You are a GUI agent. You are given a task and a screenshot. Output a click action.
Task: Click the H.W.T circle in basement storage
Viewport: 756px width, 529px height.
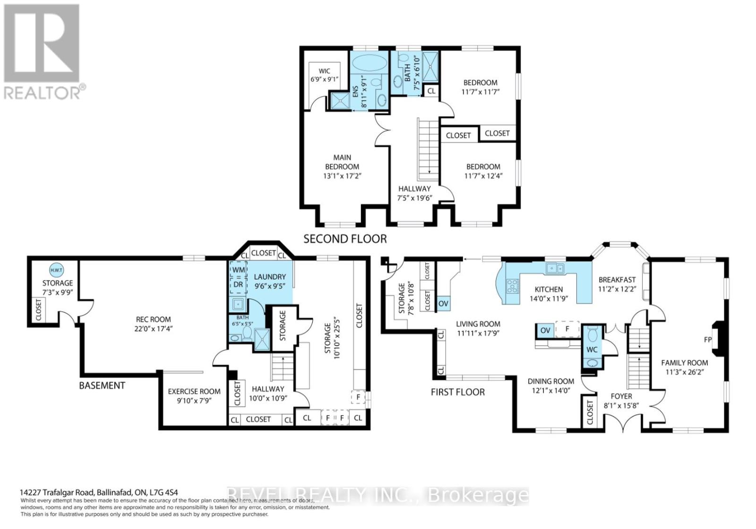tap(56, 270)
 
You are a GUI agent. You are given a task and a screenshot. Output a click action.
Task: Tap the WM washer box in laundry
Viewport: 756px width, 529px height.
tap(238, 270)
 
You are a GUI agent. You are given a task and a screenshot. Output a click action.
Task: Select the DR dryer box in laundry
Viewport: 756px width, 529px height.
tap(238, 285)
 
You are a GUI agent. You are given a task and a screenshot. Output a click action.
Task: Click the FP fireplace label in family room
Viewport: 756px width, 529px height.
tap(708, 340)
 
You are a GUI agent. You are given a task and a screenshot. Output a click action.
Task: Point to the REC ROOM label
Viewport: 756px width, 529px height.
tap(153, 319)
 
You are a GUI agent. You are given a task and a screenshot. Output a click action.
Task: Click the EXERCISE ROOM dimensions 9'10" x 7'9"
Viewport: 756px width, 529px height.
tap(194, 401)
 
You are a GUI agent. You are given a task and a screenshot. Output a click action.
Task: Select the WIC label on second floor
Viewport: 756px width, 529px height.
tap(324, 71)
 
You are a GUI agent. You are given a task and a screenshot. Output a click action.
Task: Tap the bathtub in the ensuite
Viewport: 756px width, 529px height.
tap(369, 62)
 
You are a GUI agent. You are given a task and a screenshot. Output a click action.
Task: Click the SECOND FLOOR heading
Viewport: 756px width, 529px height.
tap(345, 239)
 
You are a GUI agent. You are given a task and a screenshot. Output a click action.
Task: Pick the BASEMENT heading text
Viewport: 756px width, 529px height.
tap(102, 385)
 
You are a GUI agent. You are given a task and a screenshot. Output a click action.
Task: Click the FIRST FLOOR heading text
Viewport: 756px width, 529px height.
tap(457, 392)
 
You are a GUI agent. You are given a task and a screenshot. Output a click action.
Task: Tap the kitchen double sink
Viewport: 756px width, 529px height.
tap(555, 269)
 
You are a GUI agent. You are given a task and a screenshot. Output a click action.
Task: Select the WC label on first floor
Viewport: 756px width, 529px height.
tap(592, 350)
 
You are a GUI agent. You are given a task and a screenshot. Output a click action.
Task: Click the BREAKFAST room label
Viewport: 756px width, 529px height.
tap(617, 280)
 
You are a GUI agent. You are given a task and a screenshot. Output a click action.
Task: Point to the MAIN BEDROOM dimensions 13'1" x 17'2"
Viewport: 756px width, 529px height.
tap(342, 176)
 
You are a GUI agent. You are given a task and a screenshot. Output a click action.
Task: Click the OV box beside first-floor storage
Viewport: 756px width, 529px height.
tap(443, 304)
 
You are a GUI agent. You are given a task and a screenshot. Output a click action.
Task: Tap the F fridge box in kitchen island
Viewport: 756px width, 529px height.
tap(567, 329)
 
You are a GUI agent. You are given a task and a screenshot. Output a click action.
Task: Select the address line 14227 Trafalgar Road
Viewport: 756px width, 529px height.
tap(99, 492)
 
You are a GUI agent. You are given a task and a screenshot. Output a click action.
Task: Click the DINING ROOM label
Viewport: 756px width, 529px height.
tap(551, 381)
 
